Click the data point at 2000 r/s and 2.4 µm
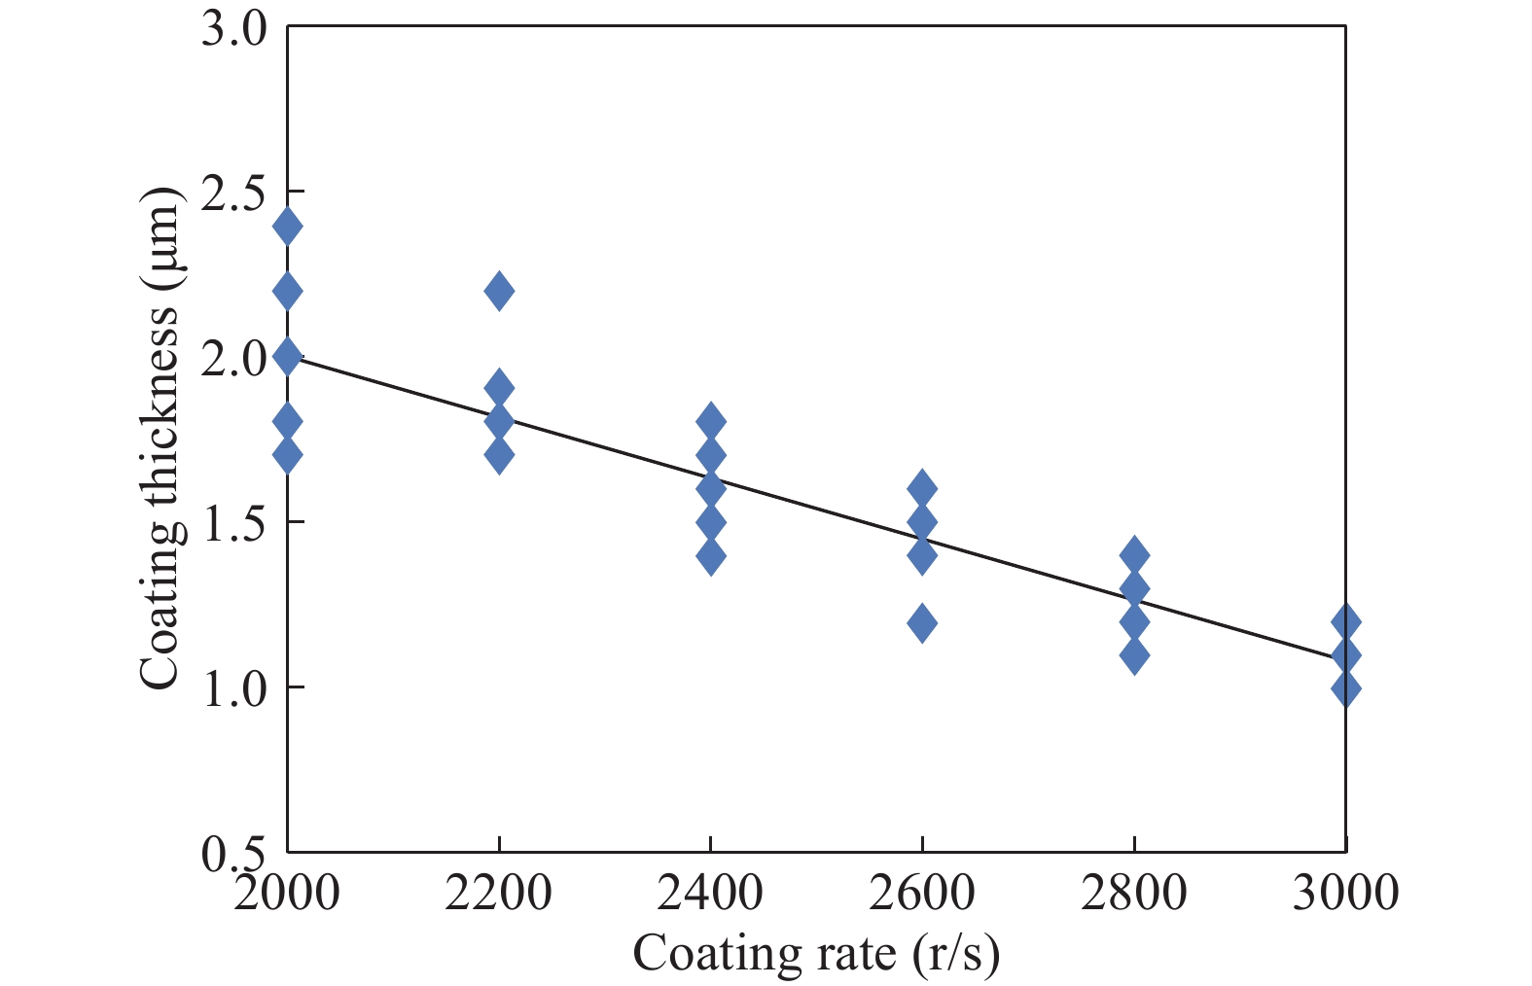pyautogui.click(x=287, y=227)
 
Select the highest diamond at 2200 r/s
pyautogui.click(x=499, y=291)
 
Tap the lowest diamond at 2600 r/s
pyautogui.click(x=922, y=622)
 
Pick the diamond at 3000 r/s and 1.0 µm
pyautogui.click(x=1345, y=688)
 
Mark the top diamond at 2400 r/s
pyautogui.click(x=711, y=422)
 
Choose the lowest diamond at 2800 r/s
pyautogui.click(x=1134, y=655)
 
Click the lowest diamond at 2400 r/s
pyautogui.click(x=711, y=556)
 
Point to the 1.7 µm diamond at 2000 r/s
pyautogui.click(x=287, y=454)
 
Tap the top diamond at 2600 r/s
pyautogui.click(x=922, y=488)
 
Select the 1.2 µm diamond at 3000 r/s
pyautogui.click(x=1345, y=621)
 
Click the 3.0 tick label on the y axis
pyautogui.click(x=233, y=29)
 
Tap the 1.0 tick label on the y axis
pyautogui.click(x=233, y=688)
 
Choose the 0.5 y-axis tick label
pyautogui.click(x=233, y=853)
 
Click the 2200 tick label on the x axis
pyautogui.click(x=498, y=892)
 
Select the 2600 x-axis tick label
pyautogui.click(x=922, y=892)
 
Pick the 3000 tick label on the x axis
pyautogui.click(x=1345, y=892)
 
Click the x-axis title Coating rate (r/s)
pyautogui.click(x=816, y=954)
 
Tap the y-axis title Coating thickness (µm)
pyautogui.click(x=160, y=438)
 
